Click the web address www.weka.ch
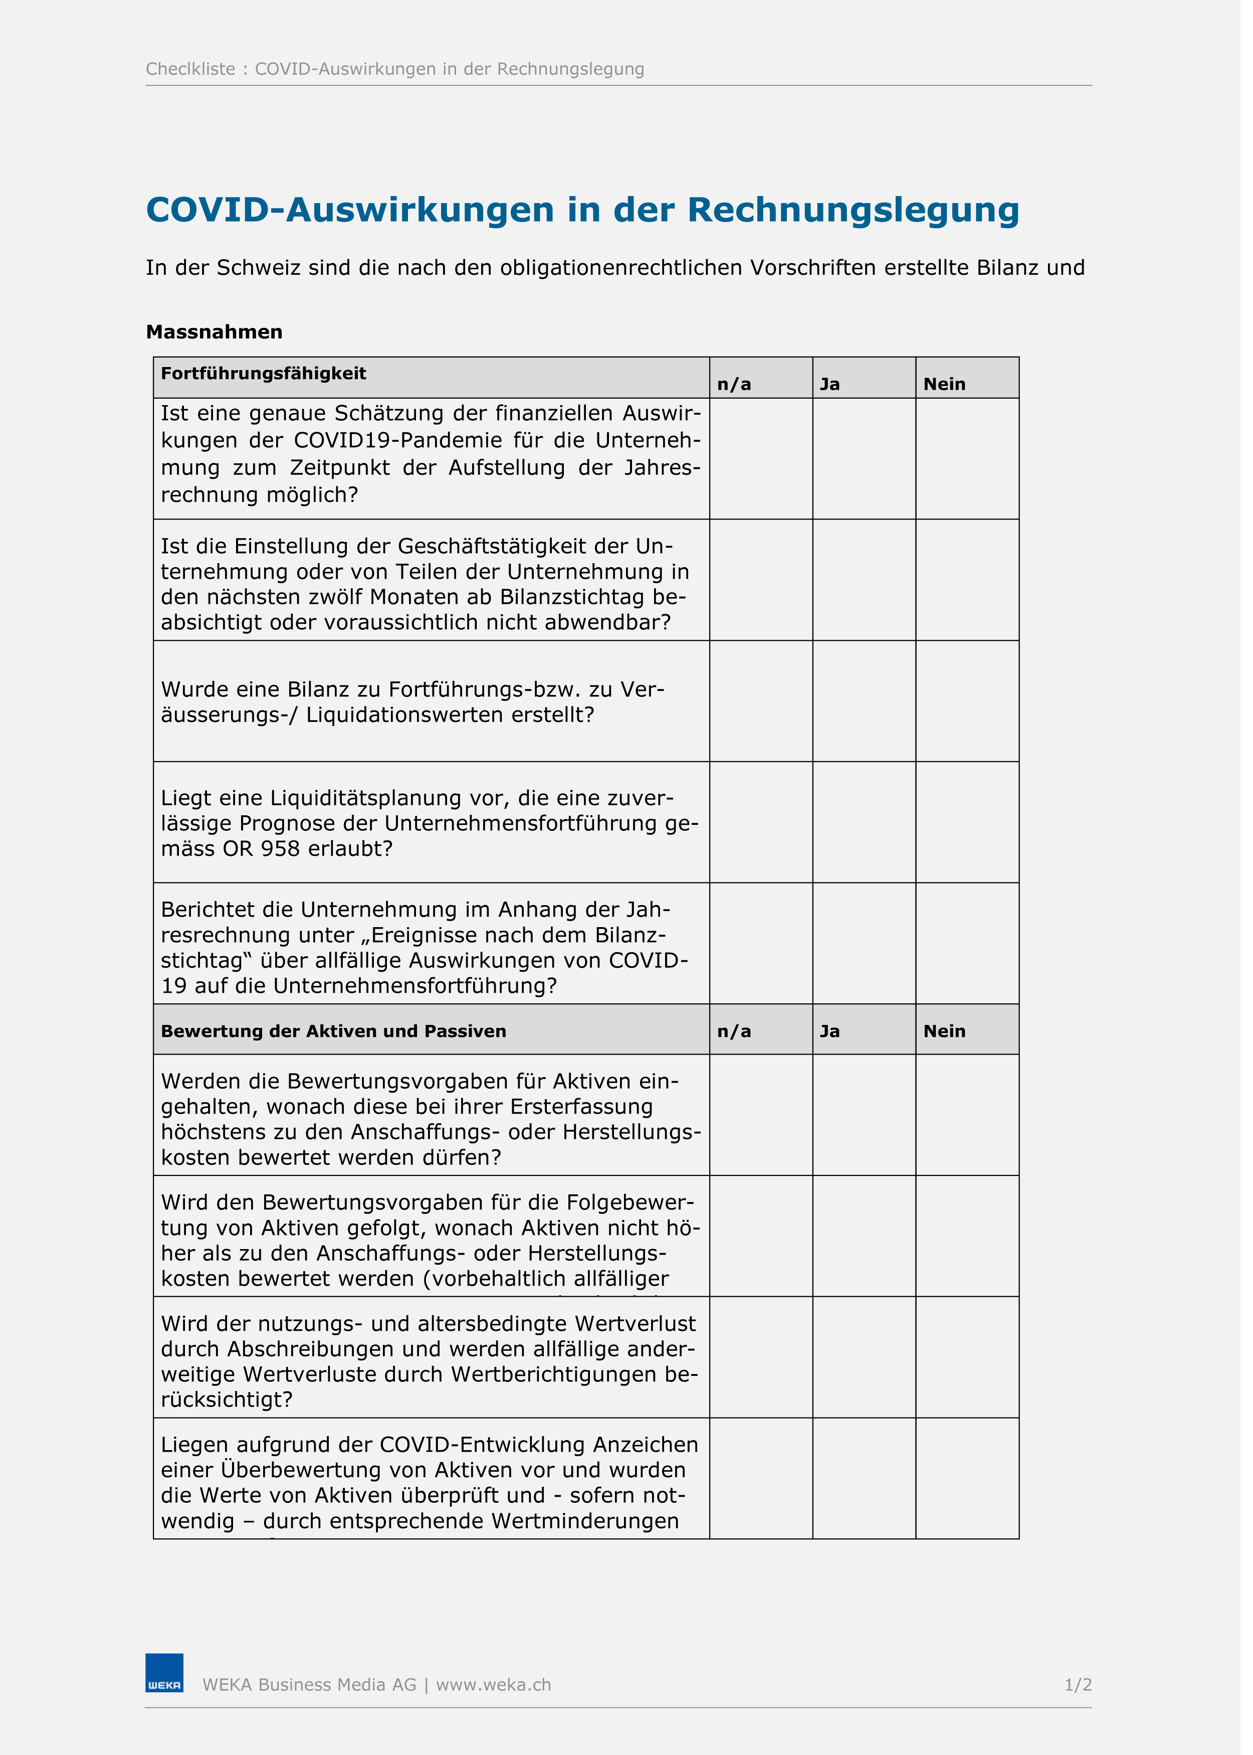coord(498,1685)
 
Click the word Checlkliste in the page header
coord(192,70)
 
